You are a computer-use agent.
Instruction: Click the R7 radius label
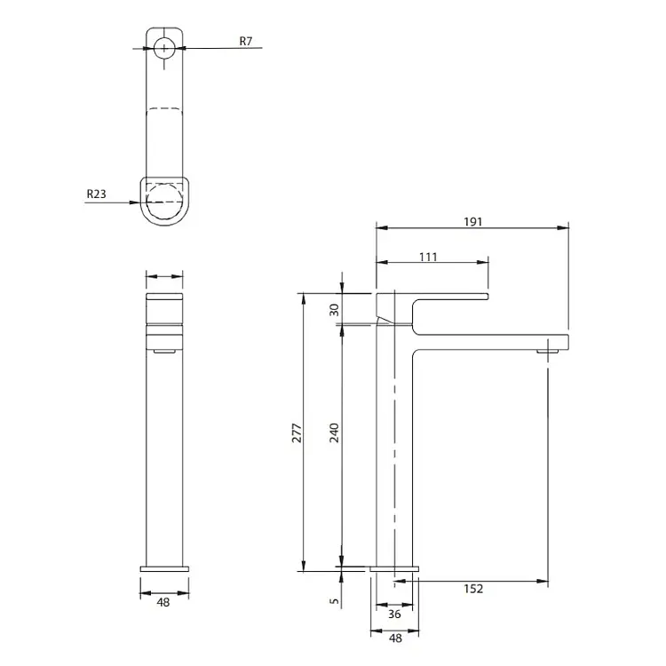[x=245, y=41]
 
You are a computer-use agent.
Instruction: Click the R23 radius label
[x=96, y=194]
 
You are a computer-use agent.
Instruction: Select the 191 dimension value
[x=472, y=222]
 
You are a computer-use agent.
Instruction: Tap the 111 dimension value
[x=428, y=257]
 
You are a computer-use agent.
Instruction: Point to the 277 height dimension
[x=297, y=432]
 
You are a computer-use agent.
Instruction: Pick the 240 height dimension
[x=335, y=432]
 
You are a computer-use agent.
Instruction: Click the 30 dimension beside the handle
[x=335, y=310]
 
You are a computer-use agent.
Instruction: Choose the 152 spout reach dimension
[x=473, y=589]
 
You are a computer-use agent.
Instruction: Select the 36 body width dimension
[x=394, y=614]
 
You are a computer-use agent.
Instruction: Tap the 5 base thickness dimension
[x=335, y=601]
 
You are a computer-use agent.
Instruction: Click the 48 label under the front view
[x=163, y=602]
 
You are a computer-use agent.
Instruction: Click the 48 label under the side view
[x=395, y=638]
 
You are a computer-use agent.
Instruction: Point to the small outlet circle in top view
[x=164, y=47]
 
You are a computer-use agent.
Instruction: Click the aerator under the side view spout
[x=547, y=352]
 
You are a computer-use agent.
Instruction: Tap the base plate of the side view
[x=394, y=568]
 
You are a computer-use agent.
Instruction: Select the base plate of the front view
[x=164, y=568]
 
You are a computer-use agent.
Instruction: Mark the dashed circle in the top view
[x=164, y=202]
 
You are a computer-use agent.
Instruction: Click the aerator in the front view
[x=164, y=351]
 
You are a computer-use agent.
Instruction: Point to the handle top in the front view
[x=164, y=297]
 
